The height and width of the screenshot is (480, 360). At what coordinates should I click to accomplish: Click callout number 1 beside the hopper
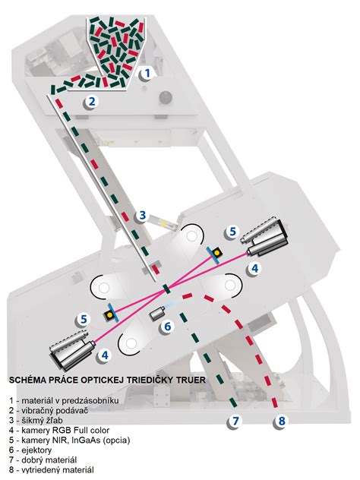147,74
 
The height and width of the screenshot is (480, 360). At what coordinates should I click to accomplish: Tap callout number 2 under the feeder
92,101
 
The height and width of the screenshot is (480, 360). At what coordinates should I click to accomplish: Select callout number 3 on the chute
142,215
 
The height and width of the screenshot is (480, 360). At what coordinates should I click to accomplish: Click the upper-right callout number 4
254,269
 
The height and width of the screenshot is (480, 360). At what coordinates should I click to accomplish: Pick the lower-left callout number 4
105,355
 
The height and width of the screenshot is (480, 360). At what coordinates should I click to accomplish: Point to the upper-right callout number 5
233,232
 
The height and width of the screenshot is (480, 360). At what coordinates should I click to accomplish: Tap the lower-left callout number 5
84,319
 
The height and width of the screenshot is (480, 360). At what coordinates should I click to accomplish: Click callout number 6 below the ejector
167,327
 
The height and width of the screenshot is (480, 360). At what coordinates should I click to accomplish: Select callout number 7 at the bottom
235,422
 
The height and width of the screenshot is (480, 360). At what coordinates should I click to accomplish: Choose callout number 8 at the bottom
282,422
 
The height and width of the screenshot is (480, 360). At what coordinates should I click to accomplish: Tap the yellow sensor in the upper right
217,253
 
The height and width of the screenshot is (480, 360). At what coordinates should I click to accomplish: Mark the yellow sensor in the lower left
109,314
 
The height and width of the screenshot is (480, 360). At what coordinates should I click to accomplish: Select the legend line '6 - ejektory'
30,450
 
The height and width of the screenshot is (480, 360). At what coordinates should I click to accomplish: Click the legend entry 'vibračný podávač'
55,410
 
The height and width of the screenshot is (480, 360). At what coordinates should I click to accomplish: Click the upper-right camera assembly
264,237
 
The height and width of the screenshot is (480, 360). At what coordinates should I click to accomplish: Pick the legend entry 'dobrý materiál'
49,460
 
